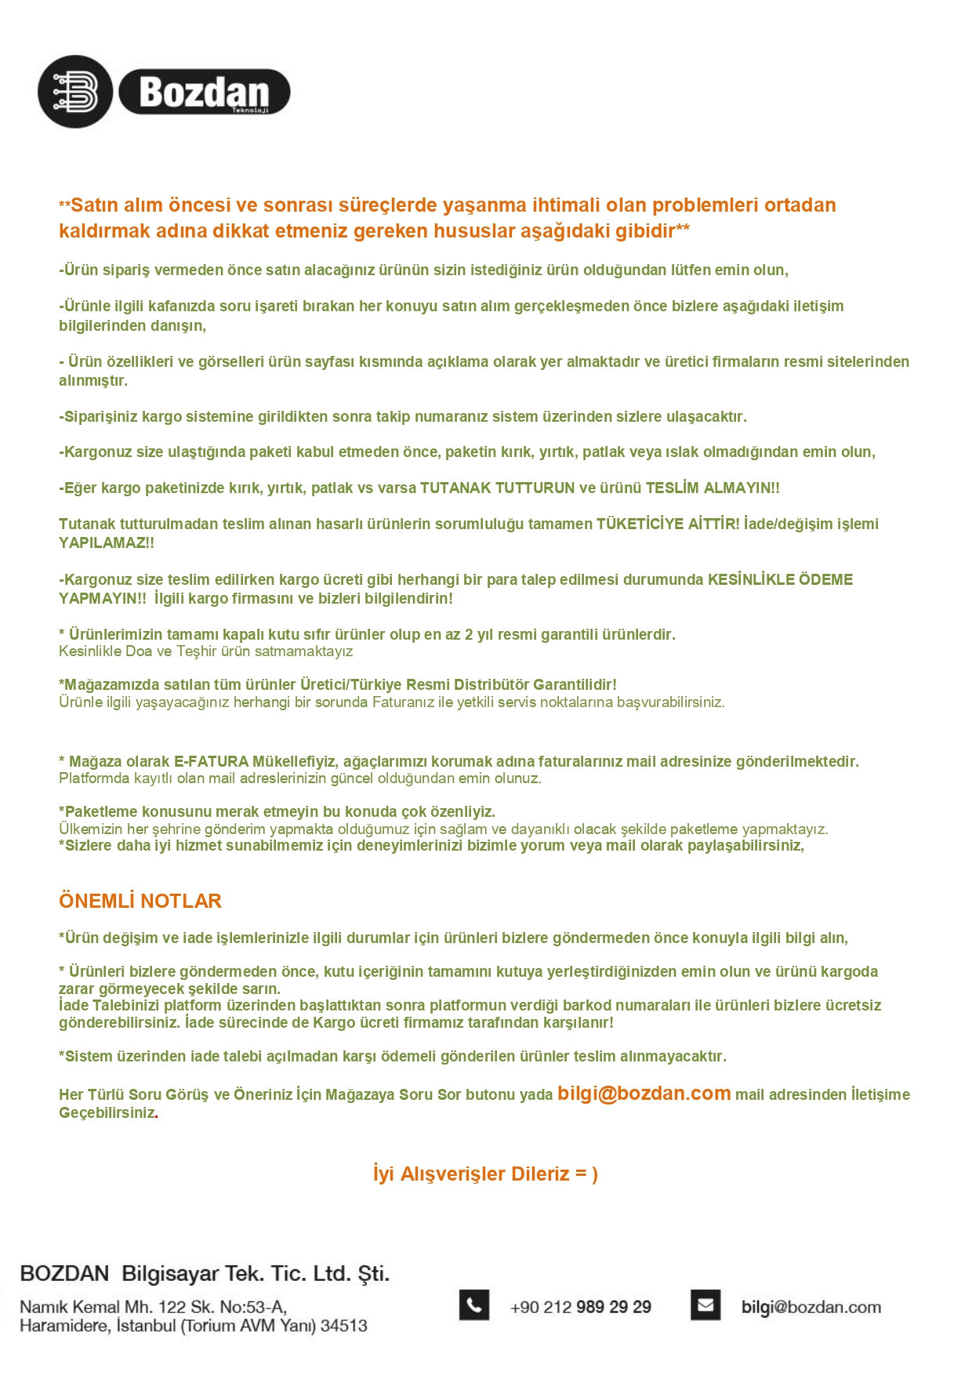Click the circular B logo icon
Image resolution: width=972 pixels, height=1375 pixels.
point(75,92)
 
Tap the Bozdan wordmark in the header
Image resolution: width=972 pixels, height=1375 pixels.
point(204,93)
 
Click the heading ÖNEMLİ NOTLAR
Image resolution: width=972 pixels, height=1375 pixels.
point(140,901)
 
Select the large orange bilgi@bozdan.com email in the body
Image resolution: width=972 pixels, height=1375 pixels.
point(644,1093)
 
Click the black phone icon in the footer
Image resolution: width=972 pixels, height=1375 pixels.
point(474,1305)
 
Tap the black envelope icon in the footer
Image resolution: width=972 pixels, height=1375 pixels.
point(705,1305)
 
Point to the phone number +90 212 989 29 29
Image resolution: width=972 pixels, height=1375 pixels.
point(581,1307)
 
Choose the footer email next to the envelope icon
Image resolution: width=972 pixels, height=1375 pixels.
point(811,1307)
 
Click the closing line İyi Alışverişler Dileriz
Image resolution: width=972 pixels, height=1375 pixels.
point(485,1174)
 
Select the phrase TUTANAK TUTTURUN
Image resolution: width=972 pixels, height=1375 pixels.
point(497,488)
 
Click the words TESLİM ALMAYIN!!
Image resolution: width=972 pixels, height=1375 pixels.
point(713,488)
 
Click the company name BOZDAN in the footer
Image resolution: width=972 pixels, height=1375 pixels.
point(64,1273)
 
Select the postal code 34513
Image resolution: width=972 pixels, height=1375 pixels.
point(344,1326)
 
